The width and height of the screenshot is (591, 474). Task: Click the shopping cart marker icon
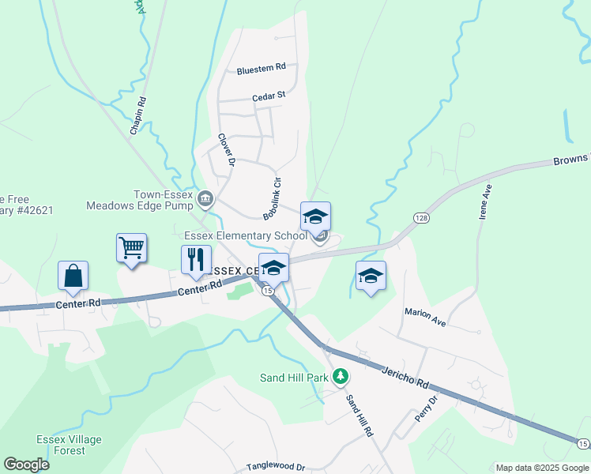pyautogui.click(x=131, y=248)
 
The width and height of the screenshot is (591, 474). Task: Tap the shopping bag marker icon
pyautogui.click(x=73, y=276)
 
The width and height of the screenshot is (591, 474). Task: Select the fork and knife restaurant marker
pyautogui.click(x=196, y=259)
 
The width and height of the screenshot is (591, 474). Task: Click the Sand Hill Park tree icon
pyautogui.click(x=340, y=377)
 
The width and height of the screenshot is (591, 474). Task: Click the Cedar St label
pyautogui.click(x=268, y=96)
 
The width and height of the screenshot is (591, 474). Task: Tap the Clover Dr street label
pyautogui.click(x=227, y=149)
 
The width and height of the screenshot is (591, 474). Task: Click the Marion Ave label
pyautogui.click(x=426, y=318)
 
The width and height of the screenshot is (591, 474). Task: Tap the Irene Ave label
pyautogui.click(x=484, y=201)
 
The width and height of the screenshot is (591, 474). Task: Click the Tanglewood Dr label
pyautogui.click(x=275, y=467)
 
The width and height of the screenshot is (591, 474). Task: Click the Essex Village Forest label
pyautogui.click(x=60, y=445)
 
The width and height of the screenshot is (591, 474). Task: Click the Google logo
pyautogui.click(x=26, y=465)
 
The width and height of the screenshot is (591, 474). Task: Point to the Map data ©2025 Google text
pyautogui.click(x=540, y=468)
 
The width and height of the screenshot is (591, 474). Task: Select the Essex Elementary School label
pyautogui.click(x=245, y=235)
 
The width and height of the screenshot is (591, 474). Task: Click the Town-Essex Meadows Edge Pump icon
pyautogui.click(x=205, y=197)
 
